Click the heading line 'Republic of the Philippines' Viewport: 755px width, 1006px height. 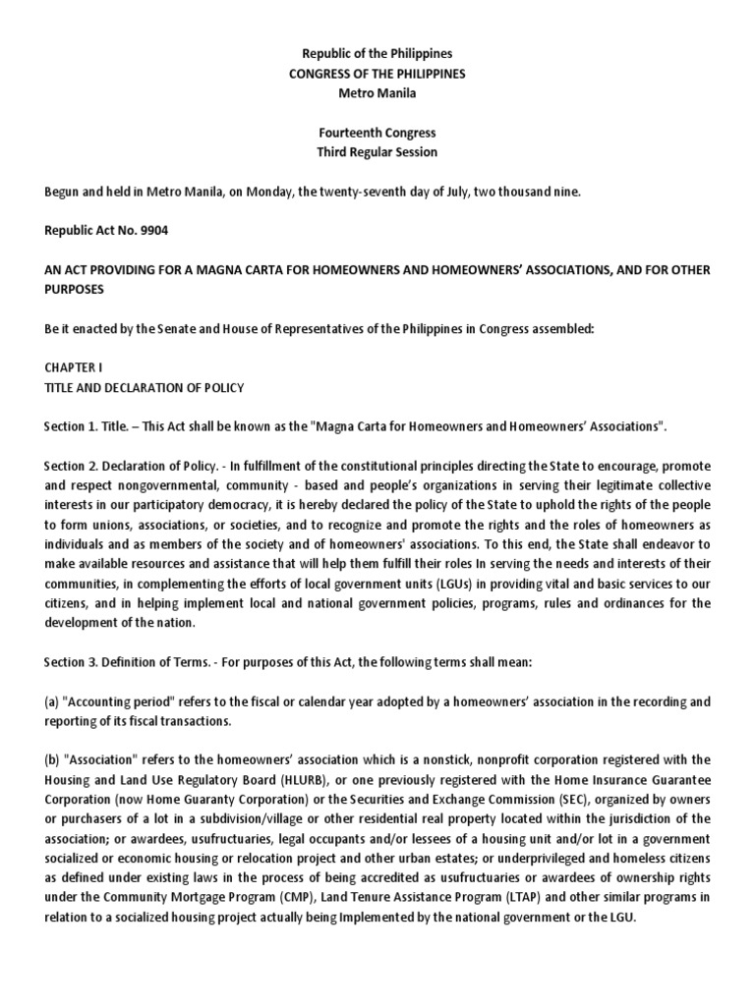[x=377, y=53]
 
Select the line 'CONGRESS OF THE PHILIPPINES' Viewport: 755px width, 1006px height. [x=377, y=74]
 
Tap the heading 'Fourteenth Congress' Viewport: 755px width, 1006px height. [x=377, y=133]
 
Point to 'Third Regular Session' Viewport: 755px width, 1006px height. [x=377, y=152]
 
